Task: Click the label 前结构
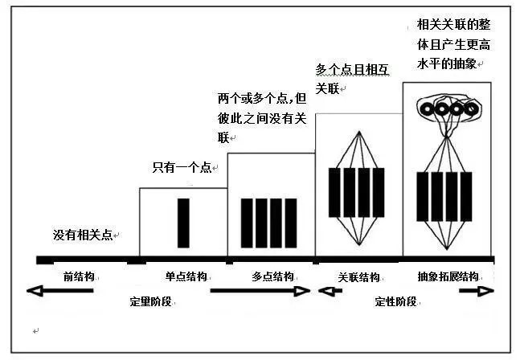coord(79,276)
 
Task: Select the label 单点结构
coord(186,276)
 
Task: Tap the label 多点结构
coord(272,276)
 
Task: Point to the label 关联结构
coord(358,276)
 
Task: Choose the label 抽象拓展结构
coord(448,276)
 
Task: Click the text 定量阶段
coord(150,301)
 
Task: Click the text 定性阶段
coord(395,301)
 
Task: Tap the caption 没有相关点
coord(83,235)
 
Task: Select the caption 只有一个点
coord(182,167)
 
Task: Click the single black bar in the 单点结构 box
coord(183,223)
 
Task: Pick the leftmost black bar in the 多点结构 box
coord(247,223)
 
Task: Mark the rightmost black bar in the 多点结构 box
coord(291,223)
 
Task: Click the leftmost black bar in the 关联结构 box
coord(334,193)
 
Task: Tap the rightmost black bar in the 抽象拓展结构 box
coord(466,197)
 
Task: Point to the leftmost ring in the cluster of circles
coord(427,109)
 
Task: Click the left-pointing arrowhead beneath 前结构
coord(35,291)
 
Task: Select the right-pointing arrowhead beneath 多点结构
coord(302,291)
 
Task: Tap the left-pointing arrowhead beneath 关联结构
coord(325,291)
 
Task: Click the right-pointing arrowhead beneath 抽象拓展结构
coord(485,291)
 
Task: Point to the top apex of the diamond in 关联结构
coord(359,131)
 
